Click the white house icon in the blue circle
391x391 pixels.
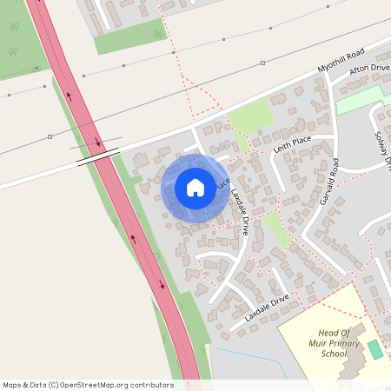195,188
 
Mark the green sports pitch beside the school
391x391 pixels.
374,350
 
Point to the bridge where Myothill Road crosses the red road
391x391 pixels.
96,156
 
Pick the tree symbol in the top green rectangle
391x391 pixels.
157,35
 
